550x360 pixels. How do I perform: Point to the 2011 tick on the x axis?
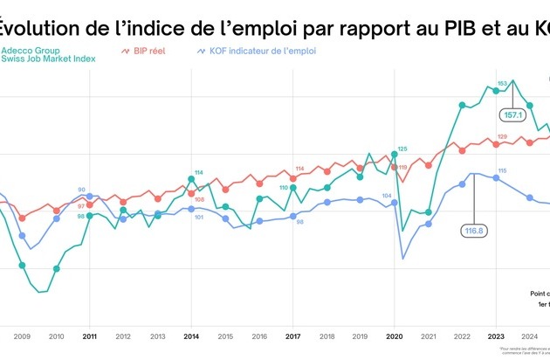[x=89, y=336]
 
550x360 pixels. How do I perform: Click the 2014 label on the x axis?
[x=191, y=336]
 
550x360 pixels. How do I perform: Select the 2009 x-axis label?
[x=22, y=336]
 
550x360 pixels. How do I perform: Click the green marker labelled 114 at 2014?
[x=191, y=180]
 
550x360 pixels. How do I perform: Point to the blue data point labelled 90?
[x=89, y=197]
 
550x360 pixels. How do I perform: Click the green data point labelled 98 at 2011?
[x=89, y=215]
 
